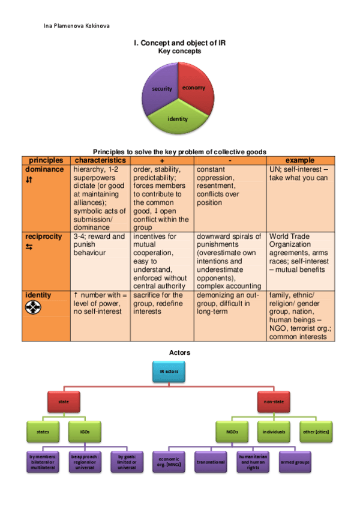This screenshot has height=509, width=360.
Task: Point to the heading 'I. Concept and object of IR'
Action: tap(179, 43)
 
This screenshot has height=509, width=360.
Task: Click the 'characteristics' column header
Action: tap(100, 160)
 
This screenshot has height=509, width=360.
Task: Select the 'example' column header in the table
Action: tap(299, 160)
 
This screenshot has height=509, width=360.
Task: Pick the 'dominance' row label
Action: tap(44, 169)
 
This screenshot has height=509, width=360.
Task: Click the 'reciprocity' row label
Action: tap(43, 236)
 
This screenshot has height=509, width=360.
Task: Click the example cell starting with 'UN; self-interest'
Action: tap(299, 173)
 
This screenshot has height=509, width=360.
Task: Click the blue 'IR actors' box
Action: tap(169, 372)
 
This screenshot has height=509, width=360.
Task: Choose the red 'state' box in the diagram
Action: tap(64, 400)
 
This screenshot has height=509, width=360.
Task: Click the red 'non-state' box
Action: tap(274, 400)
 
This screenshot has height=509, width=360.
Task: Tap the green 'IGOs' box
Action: tap(85, 430)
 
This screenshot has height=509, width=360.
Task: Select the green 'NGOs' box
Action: tap(232, 430)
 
